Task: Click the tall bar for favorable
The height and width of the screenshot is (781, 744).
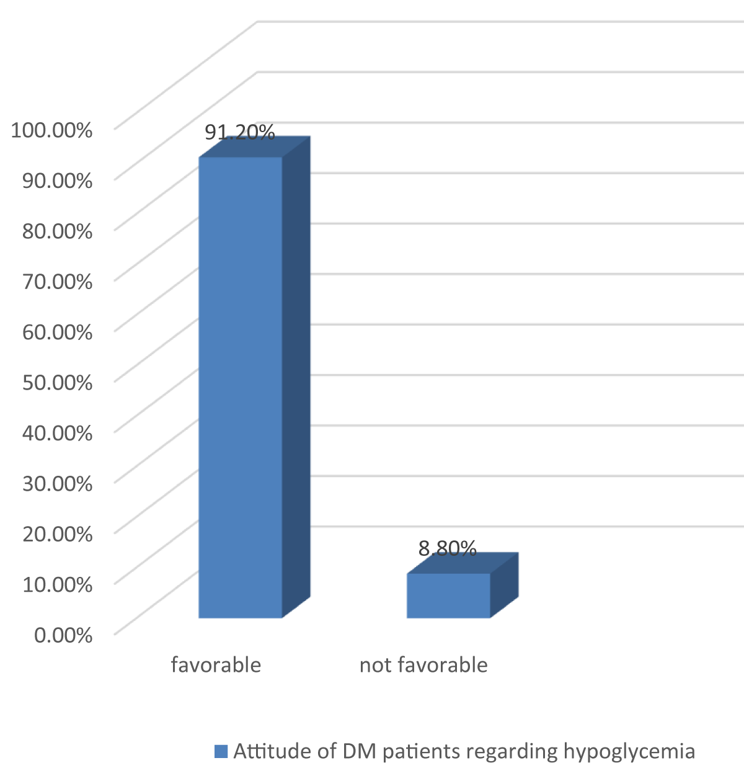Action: tap(241, 385)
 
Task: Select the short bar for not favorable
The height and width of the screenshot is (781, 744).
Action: tap(448, 595)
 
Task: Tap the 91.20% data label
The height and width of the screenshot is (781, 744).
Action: tap(239, 132)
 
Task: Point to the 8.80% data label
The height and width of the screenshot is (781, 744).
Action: tap(447, 548)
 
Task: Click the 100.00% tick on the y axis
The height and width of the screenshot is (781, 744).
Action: tap(52, 130)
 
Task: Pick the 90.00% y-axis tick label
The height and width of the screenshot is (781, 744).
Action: tap(57, 181)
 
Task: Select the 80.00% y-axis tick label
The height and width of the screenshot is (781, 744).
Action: tap(57, 231)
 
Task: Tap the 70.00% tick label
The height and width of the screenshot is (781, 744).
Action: tap(57, 281)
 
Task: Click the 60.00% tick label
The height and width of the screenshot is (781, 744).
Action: tap(57, 332)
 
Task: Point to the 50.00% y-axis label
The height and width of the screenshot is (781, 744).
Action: tap(57, 382)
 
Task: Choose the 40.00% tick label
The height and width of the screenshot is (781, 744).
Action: tap(57, 432)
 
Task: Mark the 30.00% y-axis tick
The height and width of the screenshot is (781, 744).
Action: tap(57, 483)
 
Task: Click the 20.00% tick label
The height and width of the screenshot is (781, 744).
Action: tap(57, 533)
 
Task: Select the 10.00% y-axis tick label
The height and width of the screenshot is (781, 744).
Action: tap(57, 584)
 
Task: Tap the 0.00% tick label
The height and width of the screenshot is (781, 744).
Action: tap(63, 635)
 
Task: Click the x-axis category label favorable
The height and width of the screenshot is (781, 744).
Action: tap(216, 665)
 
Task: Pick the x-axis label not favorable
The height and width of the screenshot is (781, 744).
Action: tap(423, 665)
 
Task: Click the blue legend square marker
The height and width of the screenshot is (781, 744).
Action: tap(221, 751)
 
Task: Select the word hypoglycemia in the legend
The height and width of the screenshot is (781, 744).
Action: tap(629, 752)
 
